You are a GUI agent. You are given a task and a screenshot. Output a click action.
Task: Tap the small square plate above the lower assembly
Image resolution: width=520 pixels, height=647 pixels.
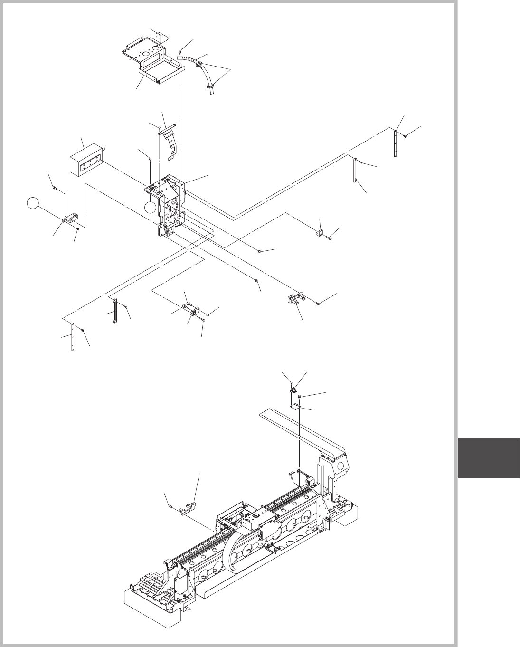[296, 404]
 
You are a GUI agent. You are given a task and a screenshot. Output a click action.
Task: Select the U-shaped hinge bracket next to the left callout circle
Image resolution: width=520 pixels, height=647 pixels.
[70, 219]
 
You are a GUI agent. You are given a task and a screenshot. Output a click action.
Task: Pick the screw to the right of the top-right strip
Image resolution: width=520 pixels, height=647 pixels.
[405, 136]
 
